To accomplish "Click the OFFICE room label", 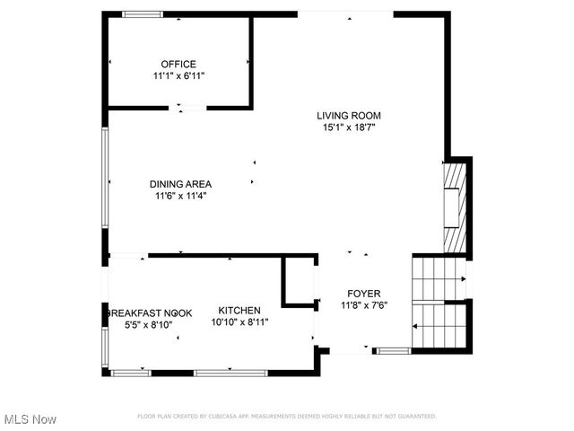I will pyautogui.click(x=178, y=64).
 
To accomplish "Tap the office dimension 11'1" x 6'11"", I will pyautogui.click(x=178, y=76).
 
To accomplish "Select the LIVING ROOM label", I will pyautogui.click(x=349, y=115).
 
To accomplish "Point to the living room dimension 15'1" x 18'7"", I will pyautogui.click(x=349, y=128).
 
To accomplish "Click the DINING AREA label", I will pyautogui.click(x=180, y=183).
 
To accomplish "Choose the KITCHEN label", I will pyautogui.click(x=239, y=310).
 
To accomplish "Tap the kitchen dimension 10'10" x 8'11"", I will pyautogui.click(x=239, y=322).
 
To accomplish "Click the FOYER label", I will pyautogui.click(x=364, y=294).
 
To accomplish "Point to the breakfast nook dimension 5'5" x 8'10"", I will pyautogui.click(x=149, y=325).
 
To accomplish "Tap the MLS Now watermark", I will pyautogui.click(x=30, y=419).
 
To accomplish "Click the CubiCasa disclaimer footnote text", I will pyautogui.click(x=286, y=417).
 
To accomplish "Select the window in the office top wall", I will pyautogui.click(x=143, y=14).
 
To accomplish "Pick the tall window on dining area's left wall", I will pyautogui.click(x=106, y=180).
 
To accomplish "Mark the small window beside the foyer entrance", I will pyautogui.click(x=392, y=350).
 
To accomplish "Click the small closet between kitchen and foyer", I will pyautogui.click(x=300, y=281).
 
